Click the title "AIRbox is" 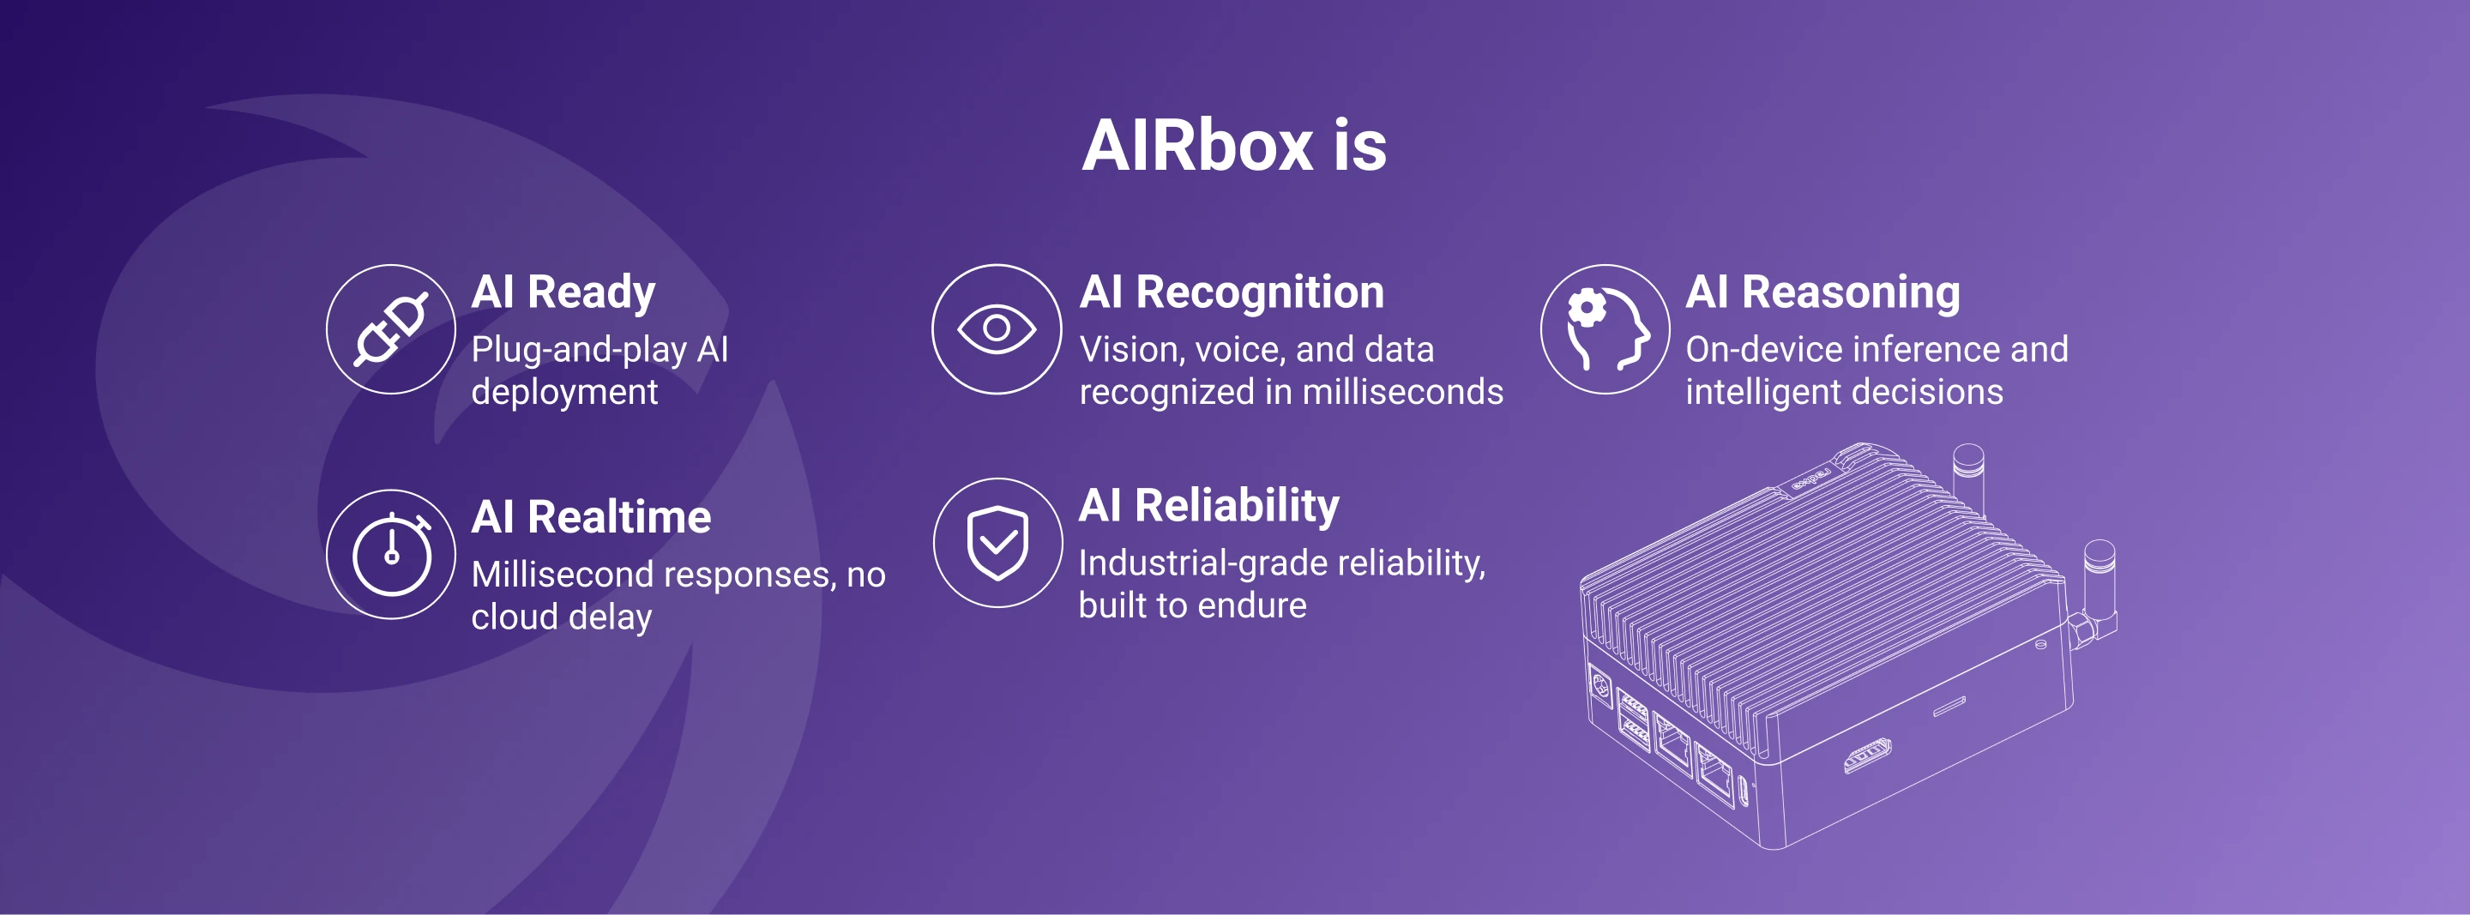1234,146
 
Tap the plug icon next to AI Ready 391,329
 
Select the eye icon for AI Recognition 997,329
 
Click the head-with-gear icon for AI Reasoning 1605,329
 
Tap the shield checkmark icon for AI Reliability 997,543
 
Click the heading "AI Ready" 563,292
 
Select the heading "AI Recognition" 1232,292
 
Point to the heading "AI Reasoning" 1822,292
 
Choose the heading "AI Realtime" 591,517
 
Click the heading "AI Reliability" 1208,505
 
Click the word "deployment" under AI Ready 563,391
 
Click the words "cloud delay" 561,617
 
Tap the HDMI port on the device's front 1867,755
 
